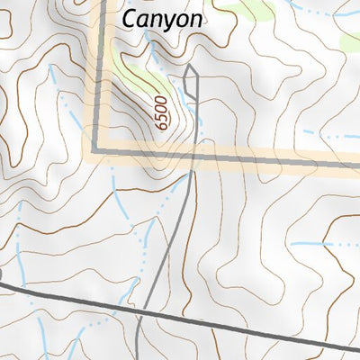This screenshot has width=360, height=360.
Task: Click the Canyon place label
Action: (163, 19)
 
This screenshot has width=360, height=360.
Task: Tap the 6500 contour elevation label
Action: (161, 113)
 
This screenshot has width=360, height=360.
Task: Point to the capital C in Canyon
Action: (130, 18)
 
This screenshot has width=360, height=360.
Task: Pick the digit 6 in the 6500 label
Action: (163, 127)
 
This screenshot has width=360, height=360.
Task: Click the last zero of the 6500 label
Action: (159, 100)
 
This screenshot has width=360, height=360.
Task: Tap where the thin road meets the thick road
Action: (141, 311)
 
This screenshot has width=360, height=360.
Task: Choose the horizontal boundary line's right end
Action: (357, 166)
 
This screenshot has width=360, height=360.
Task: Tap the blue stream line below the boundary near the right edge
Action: (324, 245)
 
